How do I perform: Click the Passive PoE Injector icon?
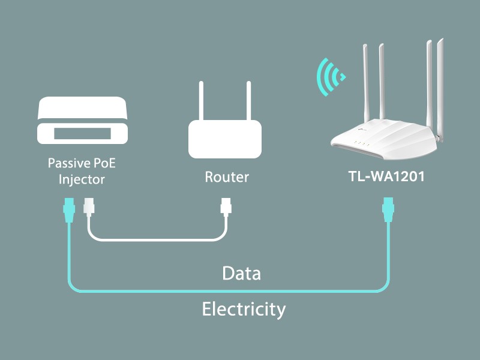tap(83, 121)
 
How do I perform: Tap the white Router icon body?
tap(225, 139)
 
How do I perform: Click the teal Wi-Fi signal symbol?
tap(330, 77)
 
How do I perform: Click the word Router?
tap(226, 177)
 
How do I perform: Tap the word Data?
tap(241, 274)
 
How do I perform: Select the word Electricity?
tap(243, 310)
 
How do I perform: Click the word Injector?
tap(80, 179)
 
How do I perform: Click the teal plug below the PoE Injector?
tap(68, 208)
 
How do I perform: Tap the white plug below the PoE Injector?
tap(88, 208)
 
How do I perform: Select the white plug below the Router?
tap(226, 208)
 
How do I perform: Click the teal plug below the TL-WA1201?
tap(388, 208)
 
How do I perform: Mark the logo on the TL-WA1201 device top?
tap(363, 127)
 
